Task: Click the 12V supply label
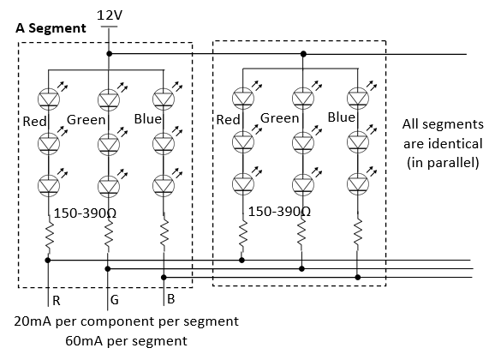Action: pyautogui.click(x=110, y=15)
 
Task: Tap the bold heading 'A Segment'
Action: pyautogui.click(x=51, y=28)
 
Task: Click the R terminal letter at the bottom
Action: pyautogui.click(x=57, y=301)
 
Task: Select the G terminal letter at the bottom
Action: pyautogui.click(x=115, y=299)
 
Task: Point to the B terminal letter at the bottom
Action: pyautogui.click(x=170, y=299)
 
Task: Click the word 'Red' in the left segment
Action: pyautogui.click(x=35, y=122)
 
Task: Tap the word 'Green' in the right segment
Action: pyautogui.click(x=279, y=118)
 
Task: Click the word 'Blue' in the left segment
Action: pyautogui.click(x=148, y=119)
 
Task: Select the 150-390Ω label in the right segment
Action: pyautogui.click(x=279, y=212)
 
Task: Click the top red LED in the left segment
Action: pyautogui.click(x=49, y=99)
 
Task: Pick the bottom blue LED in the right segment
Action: pyautogui.click(x=358, y=183)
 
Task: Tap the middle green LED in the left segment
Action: pyautogui.click(x=109, y=144)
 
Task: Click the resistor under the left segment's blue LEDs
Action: pyautogui.click(x=164, y=233)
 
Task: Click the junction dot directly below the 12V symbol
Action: pyautogui.click(x=110, y=54)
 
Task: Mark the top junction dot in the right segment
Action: pyautogui.click(x=303, y=54)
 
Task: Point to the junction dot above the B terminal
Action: pyautogui.click(x=164, y=278)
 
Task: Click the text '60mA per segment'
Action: pyautogui.click(x=126, y=341)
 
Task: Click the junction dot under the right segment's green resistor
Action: pyautogui.click(x=301, y=268)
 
